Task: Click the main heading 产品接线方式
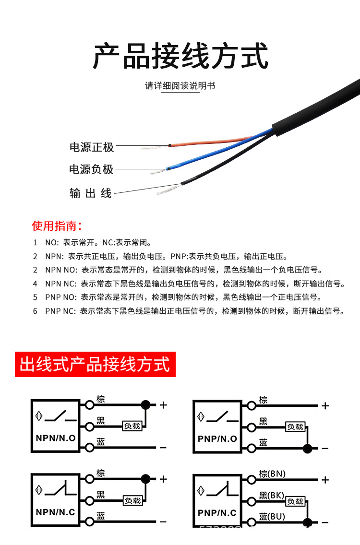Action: click(180, 57)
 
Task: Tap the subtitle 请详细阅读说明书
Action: click(180, 86)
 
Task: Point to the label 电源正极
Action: click(92, 147)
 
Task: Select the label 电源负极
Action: click(91, 169)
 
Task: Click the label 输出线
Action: click(91, 193)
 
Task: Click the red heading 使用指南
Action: click(57, 226)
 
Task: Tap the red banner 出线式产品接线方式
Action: click(95, 364)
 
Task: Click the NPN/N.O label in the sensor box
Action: click(56, 438)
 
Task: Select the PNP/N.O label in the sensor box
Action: click(217, 438)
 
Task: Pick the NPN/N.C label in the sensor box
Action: click(56, 512)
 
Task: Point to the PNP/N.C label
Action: click(217, 512)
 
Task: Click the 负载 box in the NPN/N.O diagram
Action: click(132, 426)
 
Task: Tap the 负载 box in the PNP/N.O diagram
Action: click(295, 426)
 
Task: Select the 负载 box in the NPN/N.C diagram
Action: click(132, 500)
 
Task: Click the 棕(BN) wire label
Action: click(272, 474)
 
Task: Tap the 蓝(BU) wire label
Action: click(272, 517)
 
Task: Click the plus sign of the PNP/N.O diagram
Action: click(325, 406)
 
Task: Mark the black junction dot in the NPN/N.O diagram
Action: click(145, 405)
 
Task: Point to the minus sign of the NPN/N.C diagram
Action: click(163, 521)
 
